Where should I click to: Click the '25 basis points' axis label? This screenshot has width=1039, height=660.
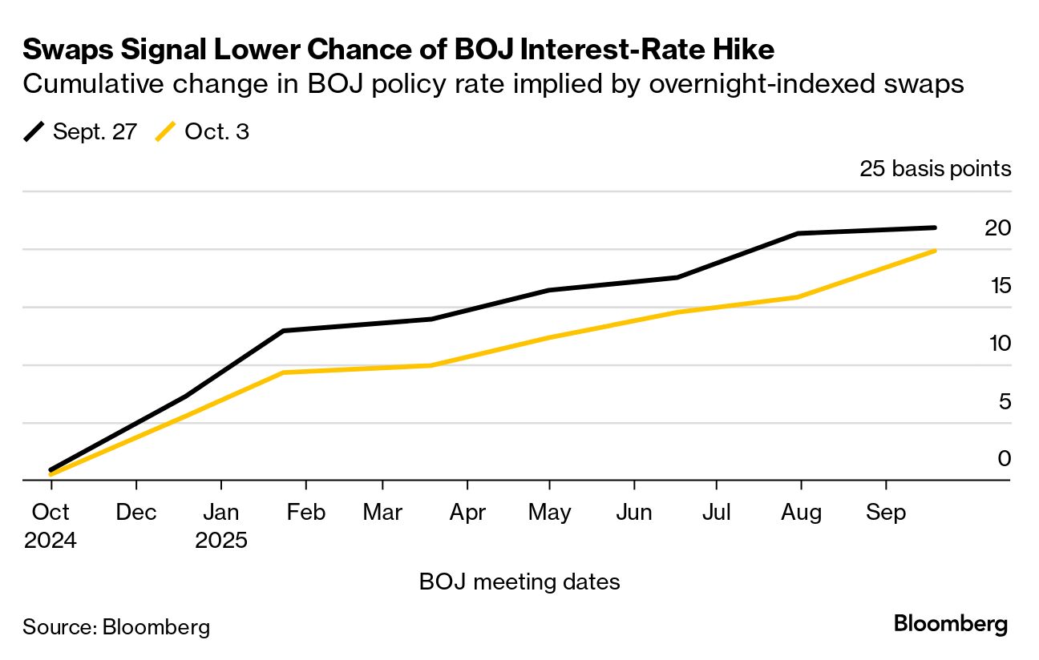935,169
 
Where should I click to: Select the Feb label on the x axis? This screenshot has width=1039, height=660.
306,513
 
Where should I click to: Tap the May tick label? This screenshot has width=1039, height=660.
549,513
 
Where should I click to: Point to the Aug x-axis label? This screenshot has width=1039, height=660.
801,513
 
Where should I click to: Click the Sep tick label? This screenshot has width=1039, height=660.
886,513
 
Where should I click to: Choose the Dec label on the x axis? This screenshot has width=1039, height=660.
136,513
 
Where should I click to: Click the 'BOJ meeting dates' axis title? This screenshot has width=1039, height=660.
519,582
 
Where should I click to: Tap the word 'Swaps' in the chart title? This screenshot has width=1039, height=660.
67,50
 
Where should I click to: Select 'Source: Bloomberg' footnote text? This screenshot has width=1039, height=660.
116,626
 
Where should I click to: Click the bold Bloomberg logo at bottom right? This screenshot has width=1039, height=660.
951,624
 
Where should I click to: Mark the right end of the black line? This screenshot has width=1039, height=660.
935,227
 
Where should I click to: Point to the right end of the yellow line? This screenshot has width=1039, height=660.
935,251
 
